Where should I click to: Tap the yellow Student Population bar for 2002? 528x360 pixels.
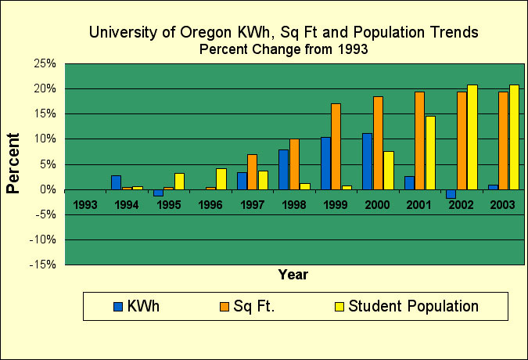click(472, 137)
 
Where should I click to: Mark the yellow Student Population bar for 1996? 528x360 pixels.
click(221, 178)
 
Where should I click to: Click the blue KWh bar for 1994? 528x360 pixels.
click(116, 182)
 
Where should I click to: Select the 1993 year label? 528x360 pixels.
click(85, 205)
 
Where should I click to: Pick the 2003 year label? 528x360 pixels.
click(503, 205)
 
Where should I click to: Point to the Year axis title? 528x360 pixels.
click(293, 275)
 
